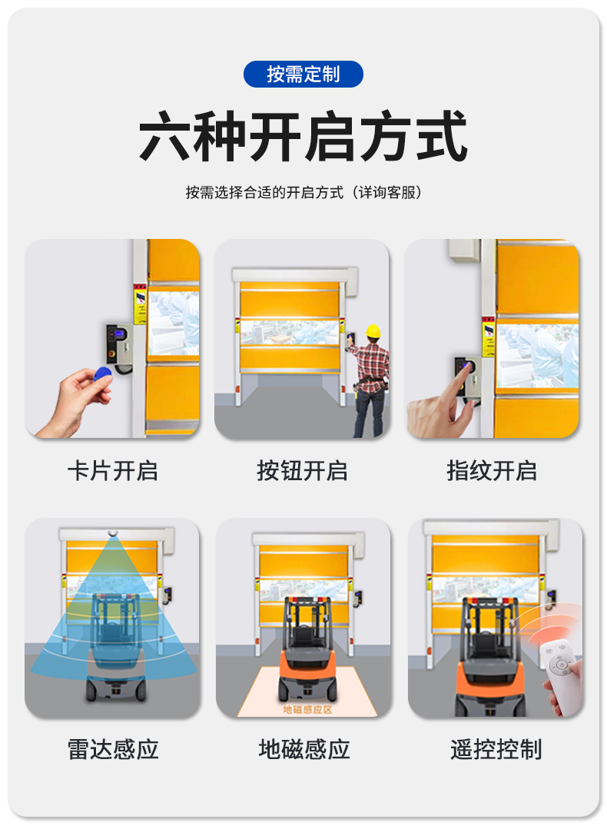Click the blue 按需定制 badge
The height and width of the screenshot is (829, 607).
pyautogui.click(x=303, y=74)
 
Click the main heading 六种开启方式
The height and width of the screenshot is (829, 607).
pyautogui.click(x=303, y=138)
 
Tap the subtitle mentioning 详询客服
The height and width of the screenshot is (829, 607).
pyautogui.click(x=303, y=193)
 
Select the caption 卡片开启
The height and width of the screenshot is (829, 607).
pyautogui.click(x=112, y=470)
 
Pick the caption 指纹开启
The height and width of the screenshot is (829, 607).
pyautogui.click(x=492, y=470)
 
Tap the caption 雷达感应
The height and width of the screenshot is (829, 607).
pyautogui.click(x=112, y=749)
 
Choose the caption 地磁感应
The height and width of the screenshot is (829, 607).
pyautogui.click(x=304, y=749)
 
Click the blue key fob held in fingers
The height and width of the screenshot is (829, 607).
pyautogui.click(x=101, y=374)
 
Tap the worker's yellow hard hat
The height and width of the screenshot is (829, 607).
pyautogui.click(x=373, y=331)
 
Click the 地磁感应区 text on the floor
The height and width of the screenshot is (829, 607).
pyautogui.click(x=307, y=709)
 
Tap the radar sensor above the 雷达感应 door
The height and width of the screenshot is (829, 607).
pyautogui.click(x=113, y=532)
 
